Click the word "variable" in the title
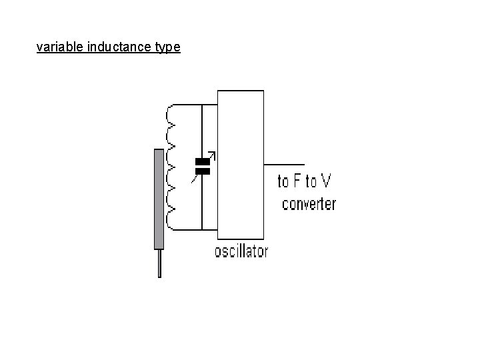point(60,48)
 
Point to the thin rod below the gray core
point(159,263)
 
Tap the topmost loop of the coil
point(171,114)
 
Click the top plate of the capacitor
point(202,161)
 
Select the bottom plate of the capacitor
point(202,171)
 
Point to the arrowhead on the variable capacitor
point(213,155)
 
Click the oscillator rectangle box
point(240,163)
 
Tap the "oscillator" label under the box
point(241,251)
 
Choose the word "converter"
point(309,203)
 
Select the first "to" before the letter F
point(284,181)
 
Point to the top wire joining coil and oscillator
point(193,104)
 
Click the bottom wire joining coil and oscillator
point(193,229)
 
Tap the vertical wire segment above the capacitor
point(202,130)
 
